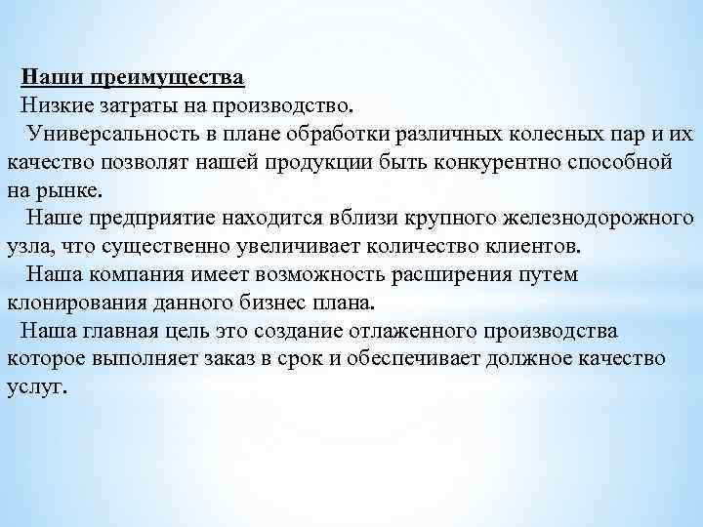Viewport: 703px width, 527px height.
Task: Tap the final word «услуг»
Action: tap(36, 385)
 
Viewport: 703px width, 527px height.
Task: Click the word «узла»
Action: tap(31, 244)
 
